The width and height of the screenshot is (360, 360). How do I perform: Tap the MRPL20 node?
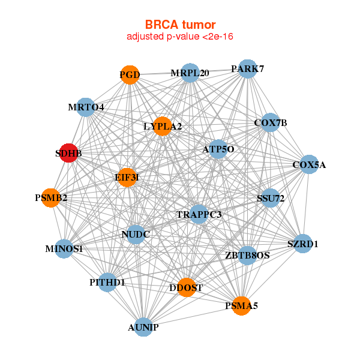coord(190,73)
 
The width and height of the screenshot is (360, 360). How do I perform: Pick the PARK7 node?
coord(248,68)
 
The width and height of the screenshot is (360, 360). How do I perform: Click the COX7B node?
coord(271,122)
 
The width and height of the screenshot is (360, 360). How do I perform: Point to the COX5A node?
coord(308,164)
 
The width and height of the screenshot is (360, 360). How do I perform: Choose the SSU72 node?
coord(270,198)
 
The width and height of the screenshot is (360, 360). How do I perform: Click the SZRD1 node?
coord(303,244)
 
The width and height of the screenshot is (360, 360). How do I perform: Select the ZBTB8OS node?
coord(248,255)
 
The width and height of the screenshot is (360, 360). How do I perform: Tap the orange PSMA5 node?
coord(241,305)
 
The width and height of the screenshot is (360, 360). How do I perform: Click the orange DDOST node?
coord(187,287)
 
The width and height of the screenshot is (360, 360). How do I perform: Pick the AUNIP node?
coord(143,326)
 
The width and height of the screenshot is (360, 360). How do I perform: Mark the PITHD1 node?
coord(107,281)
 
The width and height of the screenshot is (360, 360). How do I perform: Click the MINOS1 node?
coord(64,248)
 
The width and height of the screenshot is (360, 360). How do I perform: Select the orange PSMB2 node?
coord(51,197)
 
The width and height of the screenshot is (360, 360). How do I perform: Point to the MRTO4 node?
coord(86,107)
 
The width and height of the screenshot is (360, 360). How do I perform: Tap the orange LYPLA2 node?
coord(163,126)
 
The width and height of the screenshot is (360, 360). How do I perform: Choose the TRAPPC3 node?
coord(199,214)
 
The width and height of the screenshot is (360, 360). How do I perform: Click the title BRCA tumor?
coord(180,25)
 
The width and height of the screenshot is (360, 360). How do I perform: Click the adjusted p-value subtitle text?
coord(180,37)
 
